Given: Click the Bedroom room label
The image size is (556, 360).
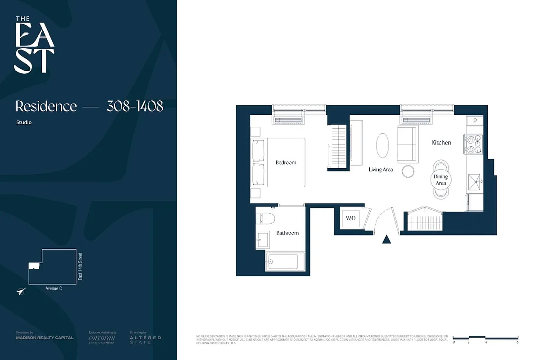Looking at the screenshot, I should pos(286,162).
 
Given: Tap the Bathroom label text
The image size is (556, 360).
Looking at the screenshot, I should pos(287,233).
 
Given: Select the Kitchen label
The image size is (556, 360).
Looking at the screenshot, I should pos(441,143).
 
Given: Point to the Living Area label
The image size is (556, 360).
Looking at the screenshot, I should pos(381,170).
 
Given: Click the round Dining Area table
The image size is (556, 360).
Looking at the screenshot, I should pos(440,180).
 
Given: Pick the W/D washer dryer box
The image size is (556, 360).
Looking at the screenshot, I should pos(350,219).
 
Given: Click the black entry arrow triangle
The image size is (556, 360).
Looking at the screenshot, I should pos(386,239).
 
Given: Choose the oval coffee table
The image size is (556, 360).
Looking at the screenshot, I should pos(382,145).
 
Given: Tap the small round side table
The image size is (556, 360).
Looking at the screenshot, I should pos(408,171).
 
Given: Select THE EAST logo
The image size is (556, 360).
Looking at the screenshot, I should pos(34,45).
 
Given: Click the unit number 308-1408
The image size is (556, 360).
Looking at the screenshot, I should pos(135,107).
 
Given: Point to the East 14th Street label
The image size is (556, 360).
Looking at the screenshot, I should pos(81,266).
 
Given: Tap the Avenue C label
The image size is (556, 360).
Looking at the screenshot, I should pos(54,288).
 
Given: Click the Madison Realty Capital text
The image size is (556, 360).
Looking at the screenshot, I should pos(45,337).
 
